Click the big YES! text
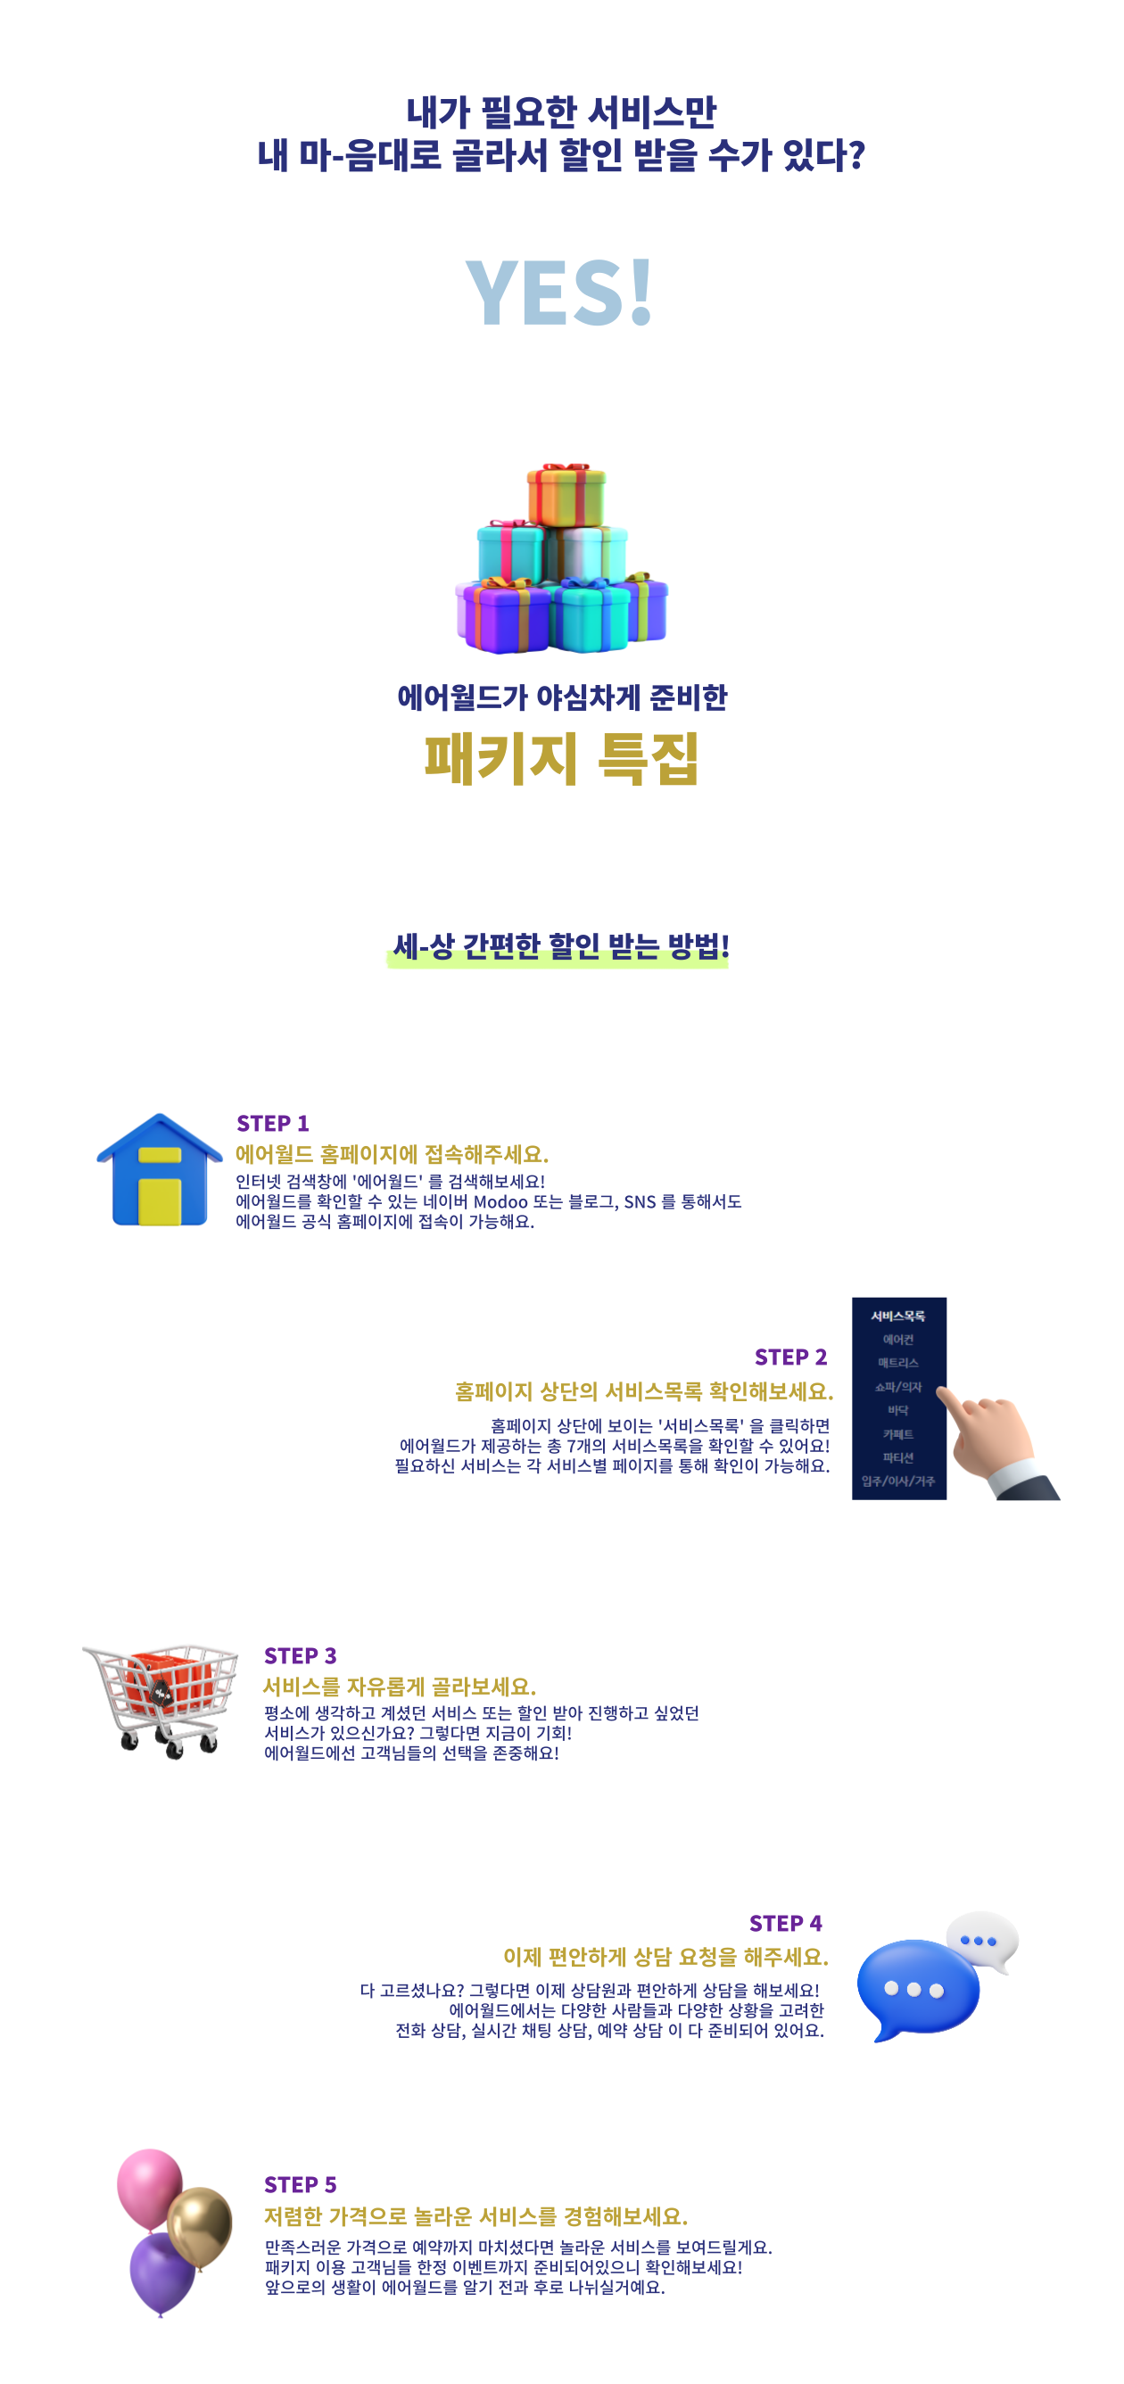[x=559, y=293]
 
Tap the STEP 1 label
[x=272, y=1124]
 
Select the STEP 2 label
[x=789, y=1357]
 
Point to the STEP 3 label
[x=300, y=1655]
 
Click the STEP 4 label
[x=785, y=1924]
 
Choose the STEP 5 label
[x=300, y=2185]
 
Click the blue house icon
[x=161, y=1172]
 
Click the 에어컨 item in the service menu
[x=898, y=1339]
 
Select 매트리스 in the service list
[x=898, y=1362]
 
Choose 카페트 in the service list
[x=898, y=1433]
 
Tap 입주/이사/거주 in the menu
[x=898, y=1481]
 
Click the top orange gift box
[x=566, y=497]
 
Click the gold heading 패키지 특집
[x=561, y=759]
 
